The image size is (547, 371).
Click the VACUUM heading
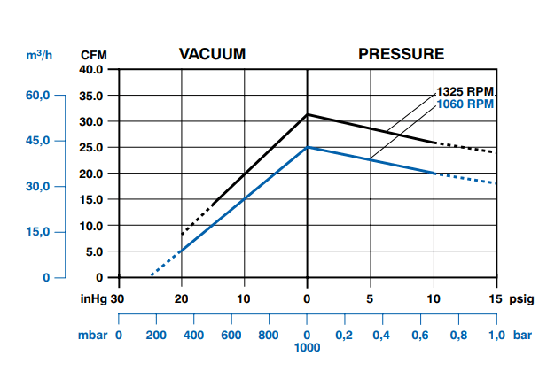pyautogui.click(x=212, y=53)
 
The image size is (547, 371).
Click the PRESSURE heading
pyautogui.click(x=401, y=53)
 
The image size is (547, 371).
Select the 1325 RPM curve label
pyautogui.click(x=465, y=92)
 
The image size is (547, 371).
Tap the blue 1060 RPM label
pyautogui.click(x=465, y=104)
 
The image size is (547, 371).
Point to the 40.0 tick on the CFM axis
pyautogui.click(x=91, y=69)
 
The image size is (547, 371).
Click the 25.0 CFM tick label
pyautogui.click(x=91, y=148)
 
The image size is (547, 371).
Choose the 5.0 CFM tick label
pyautogui.click(x=94, y=252)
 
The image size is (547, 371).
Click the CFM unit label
pyautogui.click(x=93, y=55)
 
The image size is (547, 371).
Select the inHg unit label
pyautogui.click(x=93, y=298)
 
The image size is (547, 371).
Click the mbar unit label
pyautogui.click(x=91, y=336)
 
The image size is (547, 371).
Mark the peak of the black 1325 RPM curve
pyautogui.click(x=308, y=114)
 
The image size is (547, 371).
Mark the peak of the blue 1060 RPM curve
pyautogui.click(x=308, y=147)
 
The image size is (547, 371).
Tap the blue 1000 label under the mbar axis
pyautogui.click(x=308, y=348)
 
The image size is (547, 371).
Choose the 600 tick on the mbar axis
pyautogui.click(x=232, y=336)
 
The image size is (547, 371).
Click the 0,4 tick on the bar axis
pyautogui.click(x=383, y=336)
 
